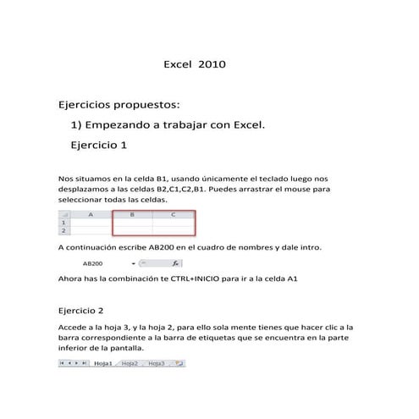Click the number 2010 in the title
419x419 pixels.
pos(212,63)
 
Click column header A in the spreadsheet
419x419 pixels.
pos(91,215)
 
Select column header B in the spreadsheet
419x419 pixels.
pos(132,215)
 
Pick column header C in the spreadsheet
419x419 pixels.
pos(174,215)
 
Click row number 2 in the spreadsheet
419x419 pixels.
pos(63,229)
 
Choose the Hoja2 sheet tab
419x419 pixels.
pos(130,363)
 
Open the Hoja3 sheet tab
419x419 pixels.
pos(157,363)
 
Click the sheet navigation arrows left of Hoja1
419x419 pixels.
pos(73,363)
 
